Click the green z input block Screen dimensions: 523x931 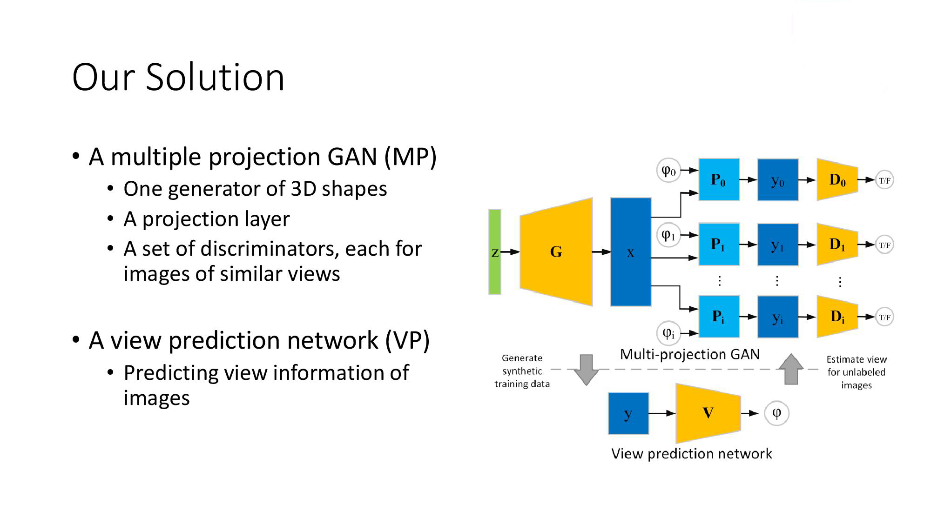tap(495, 252)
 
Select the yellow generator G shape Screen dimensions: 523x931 tap(556, 252)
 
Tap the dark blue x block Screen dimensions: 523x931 tap(630, 252)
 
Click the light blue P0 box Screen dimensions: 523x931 tap(719, 179)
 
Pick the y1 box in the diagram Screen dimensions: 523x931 tap(777, 245)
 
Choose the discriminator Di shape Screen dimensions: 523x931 tap(837, 317)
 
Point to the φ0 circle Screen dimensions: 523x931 tap(668, 171)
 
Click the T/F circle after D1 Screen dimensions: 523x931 tap(884, 245)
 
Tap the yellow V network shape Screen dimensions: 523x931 tap(708, 413)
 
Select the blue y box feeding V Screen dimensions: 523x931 tap(628, 413)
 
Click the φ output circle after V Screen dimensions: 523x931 tap(776, 413)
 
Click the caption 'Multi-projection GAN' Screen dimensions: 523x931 tap(689, 354)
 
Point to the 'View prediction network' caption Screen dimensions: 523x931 tap(691, 453)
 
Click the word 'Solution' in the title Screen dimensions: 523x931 tap(215, 77)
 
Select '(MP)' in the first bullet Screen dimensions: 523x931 tap(410, 157)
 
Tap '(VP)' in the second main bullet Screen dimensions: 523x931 tap(407, 340)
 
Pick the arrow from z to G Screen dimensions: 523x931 tap(510, 252)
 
